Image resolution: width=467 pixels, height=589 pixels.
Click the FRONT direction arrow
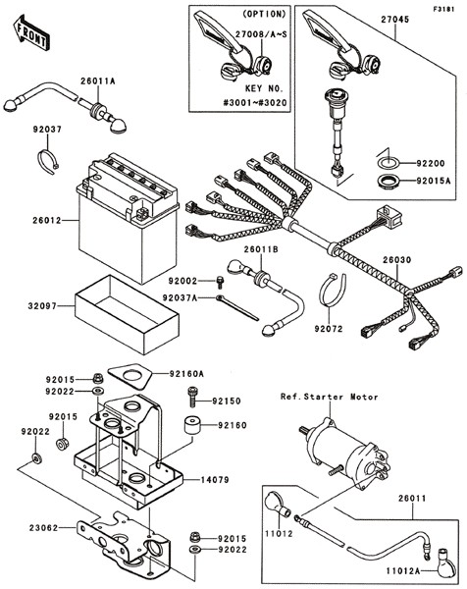click(x=30, y=33)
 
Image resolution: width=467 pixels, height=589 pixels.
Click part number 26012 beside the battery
click(x=46, y=221)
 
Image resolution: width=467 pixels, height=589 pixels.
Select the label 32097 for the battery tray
click(x=42, y=306)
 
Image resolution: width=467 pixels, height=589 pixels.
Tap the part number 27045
click(x=395, y=20)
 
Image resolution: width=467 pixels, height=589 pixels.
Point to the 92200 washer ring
click(x=388, y=163)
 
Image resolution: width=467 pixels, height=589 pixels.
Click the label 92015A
click(x=434, y=181)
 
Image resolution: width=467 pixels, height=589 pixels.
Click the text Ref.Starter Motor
click(x=330, y=397)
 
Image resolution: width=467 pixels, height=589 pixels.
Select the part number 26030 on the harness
click(x=397, y=260)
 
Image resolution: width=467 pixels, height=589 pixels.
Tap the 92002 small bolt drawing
click(x=220, y=282)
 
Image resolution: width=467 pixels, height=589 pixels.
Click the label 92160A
click(x=186, y=374)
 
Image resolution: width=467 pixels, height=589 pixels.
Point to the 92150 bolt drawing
click(x=192, y=397)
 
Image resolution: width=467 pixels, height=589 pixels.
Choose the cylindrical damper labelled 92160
click(x=192, y=425)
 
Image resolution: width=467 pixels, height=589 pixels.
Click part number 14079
click(x=215, y=480)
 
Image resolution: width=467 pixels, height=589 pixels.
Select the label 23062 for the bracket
click(x=44, y=528)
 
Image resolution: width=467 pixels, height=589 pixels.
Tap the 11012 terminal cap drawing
click(x=277, y=505)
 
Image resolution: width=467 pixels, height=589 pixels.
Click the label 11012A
click(x=403, y=571)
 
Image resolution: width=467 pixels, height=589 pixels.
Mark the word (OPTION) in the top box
click(x=264, y=14)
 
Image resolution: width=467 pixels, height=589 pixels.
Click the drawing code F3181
click(x=443, y=9)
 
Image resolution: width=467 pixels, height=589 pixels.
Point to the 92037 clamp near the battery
click(x=49, y=162)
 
